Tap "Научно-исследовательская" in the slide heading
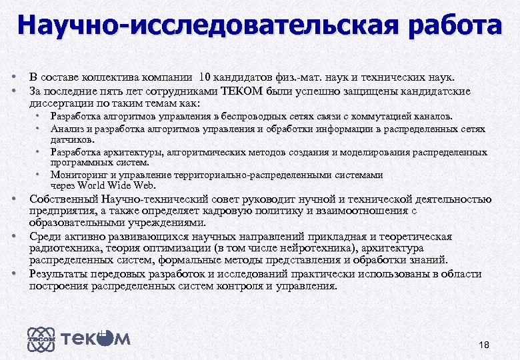[x=204, y=26]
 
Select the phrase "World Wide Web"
[x=105, y=185]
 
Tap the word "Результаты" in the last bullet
[x=59, y=274]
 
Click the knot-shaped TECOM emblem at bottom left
[x=39, y=339]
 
